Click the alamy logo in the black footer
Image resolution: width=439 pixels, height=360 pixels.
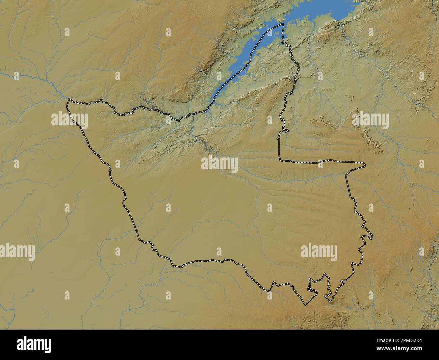click(34, 345)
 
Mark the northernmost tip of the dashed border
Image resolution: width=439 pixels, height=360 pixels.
click(282, 24)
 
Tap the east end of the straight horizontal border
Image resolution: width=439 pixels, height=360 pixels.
click(365, 165)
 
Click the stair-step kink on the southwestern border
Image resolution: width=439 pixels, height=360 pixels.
click(154, 248)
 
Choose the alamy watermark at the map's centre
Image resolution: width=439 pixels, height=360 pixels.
click(219, 164)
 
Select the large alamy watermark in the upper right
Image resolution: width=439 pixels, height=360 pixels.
click(370, 120)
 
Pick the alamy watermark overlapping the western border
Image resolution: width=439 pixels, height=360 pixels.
click(70, 120)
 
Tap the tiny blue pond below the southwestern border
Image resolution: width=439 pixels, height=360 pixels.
click(208, 271)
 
